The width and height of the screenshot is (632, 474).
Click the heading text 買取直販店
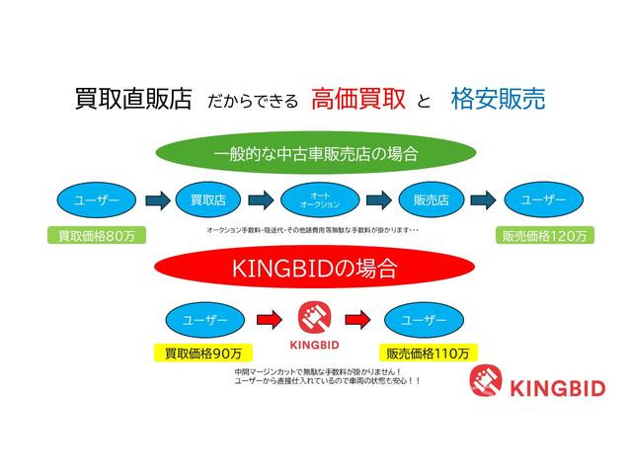[133, 99]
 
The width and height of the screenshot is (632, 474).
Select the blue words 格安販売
[497, 99]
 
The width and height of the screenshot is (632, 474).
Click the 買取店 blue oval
[208, 200]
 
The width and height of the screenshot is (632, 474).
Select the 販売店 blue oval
[431, 200]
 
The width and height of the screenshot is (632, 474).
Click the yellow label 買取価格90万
[202, 352]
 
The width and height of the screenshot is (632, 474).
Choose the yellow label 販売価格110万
[428, 352]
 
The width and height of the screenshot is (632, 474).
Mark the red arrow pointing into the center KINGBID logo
[267, 319]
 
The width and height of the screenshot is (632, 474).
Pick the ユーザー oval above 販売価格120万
[543, 200]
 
